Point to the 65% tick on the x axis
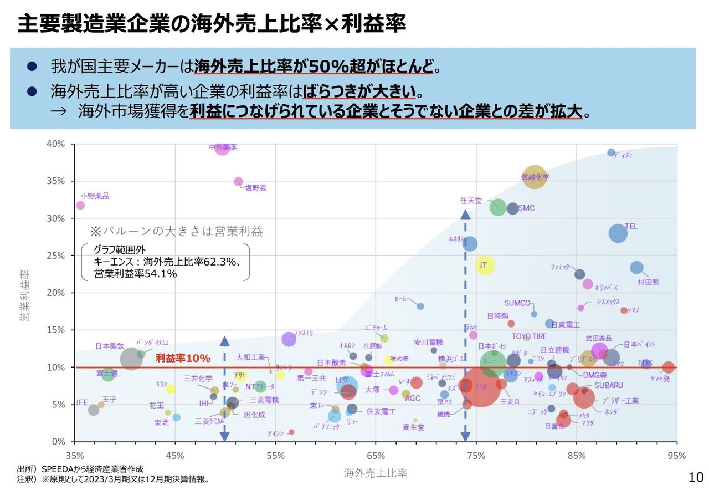click(x=376, y=456)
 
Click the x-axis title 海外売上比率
click(x=376, y=473)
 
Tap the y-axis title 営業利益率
click(x=25, y=295)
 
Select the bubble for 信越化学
click(x=534, y=177)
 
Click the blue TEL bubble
click(x=618, y=233)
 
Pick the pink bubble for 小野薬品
click(x=80, y=205)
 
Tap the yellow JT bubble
click(x=485, y=266)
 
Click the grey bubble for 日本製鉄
click(x=131, y=359)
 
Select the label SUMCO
click(x=517, y=303)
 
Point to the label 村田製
click(x=648, y=282)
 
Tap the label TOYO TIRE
click(x=529, y=336)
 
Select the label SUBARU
click(x=609, y=385)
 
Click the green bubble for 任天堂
click(x=498, y=207)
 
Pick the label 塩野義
click(x=256, y=188)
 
